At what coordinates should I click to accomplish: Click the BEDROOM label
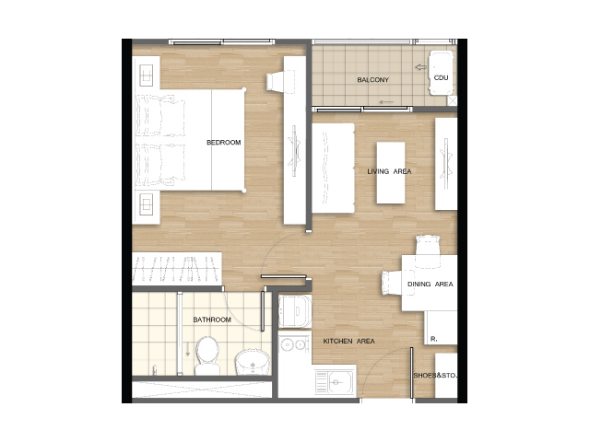click(x=223, y=143)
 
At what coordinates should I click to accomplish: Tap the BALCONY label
click(x=372, y=80)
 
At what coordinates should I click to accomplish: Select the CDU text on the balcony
click(x=441, y=77)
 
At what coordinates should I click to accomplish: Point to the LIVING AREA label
click(x=389, y=171)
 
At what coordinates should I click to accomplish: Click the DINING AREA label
click(x=431, y=285)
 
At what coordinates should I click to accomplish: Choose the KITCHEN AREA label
click(x=348, y=342)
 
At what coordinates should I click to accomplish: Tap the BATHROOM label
click(x=212, y=320)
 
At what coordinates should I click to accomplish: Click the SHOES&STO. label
click(x=435, y=376)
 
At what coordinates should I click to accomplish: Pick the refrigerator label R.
click(x=434, y=339)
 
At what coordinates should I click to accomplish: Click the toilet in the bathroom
click(x=207, y=355)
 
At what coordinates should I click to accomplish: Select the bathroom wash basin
click(x=252, y=362)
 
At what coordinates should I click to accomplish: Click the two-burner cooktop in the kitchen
click(x=295, y=343)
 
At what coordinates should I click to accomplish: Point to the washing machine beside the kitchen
click(x=295, y=311)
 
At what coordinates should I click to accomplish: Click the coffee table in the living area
click(x=391, y=173)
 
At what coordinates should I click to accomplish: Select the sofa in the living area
click(x=333, y=169)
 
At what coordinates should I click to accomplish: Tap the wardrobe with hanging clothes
click(x=176, y=269)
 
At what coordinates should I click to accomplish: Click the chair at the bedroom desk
click(x=276, y=82)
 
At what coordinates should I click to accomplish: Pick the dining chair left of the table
click(x=392, y=283)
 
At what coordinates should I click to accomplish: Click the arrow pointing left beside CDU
click(x=420, y=67)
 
